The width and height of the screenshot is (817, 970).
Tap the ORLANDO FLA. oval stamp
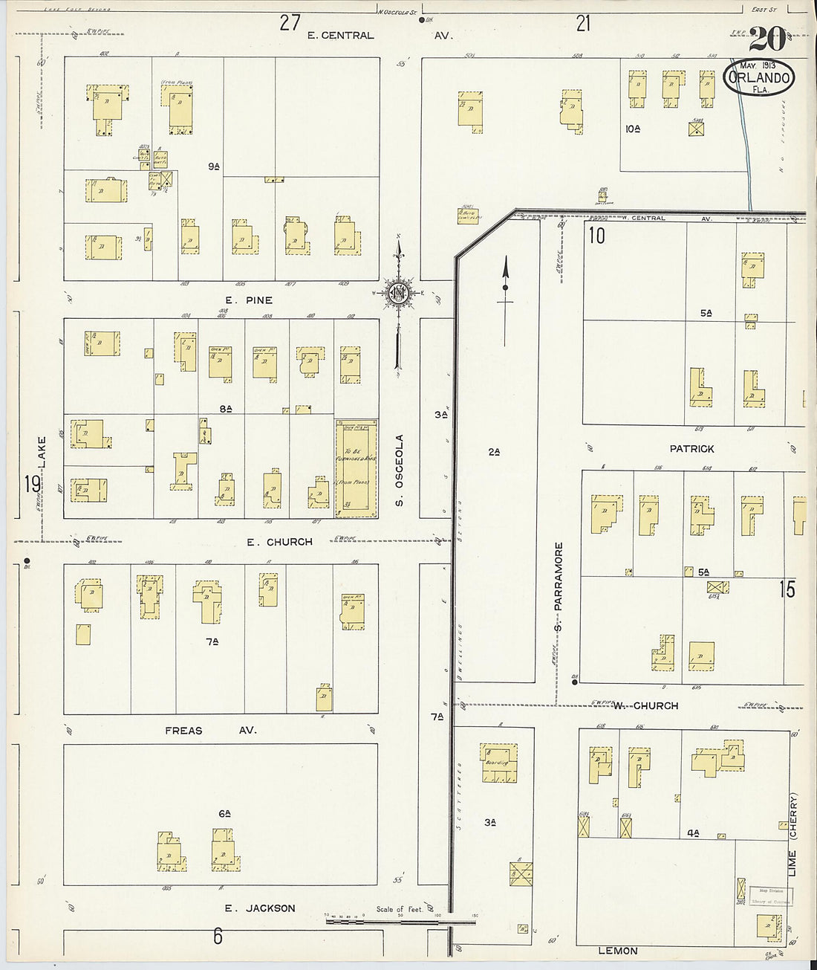(758, 78)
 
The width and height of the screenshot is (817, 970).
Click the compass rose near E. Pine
(398, 292)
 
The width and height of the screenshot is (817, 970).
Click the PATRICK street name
(691, 449)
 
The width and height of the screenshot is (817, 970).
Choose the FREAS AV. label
(210, 731)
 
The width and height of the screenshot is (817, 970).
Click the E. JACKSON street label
(260, 908)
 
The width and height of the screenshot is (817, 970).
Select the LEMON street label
(618, 951)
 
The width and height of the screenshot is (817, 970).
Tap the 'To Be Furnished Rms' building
(354, 468)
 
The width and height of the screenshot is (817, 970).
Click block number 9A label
(214, 166)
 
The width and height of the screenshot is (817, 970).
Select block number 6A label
(225, 814)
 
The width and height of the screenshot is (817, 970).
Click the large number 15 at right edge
(787, 590)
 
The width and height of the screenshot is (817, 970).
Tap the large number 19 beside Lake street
(31, 485)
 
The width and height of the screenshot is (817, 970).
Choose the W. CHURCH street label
(645, 705)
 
